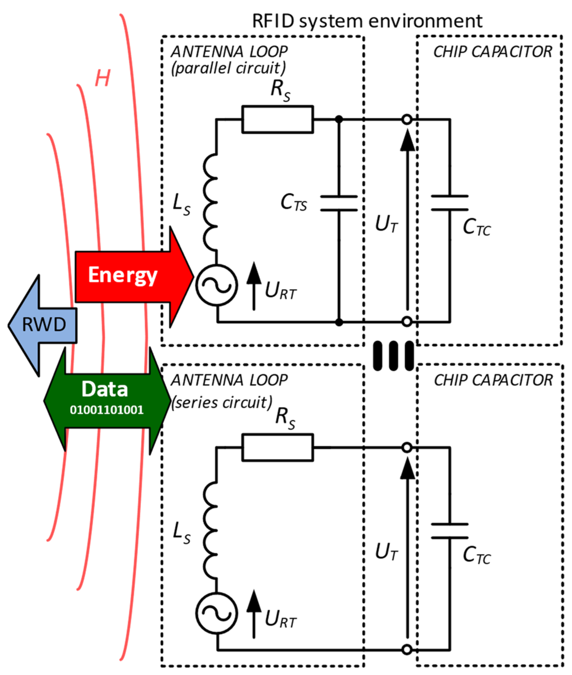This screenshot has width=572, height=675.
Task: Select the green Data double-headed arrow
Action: click(x=107, y=400)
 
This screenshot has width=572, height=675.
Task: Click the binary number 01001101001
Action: click(x=107, y=410)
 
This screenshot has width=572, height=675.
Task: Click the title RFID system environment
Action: click(x=367, y=21)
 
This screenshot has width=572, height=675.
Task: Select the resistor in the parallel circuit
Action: click(x=278, y=119)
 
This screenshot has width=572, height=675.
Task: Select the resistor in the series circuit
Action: click(x=278, y=447)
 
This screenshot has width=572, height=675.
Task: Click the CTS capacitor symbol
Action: click(x=339, y=204)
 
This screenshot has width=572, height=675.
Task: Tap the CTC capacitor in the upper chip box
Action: click(x=450, y=203)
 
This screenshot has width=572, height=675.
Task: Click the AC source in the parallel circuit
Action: click(x=217, y=285)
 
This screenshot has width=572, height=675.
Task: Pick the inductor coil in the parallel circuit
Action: click(x=211, y=202)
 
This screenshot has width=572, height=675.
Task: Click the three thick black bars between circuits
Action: click(x=393, y=355)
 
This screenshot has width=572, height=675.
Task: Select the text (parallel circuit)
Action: click(x=229, y=68)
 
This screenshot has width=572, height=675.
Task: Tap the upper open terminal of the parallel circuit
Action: click(x=407, y=119)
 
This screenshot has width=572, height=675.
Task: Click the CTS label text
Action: click(x=293, y=204)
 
